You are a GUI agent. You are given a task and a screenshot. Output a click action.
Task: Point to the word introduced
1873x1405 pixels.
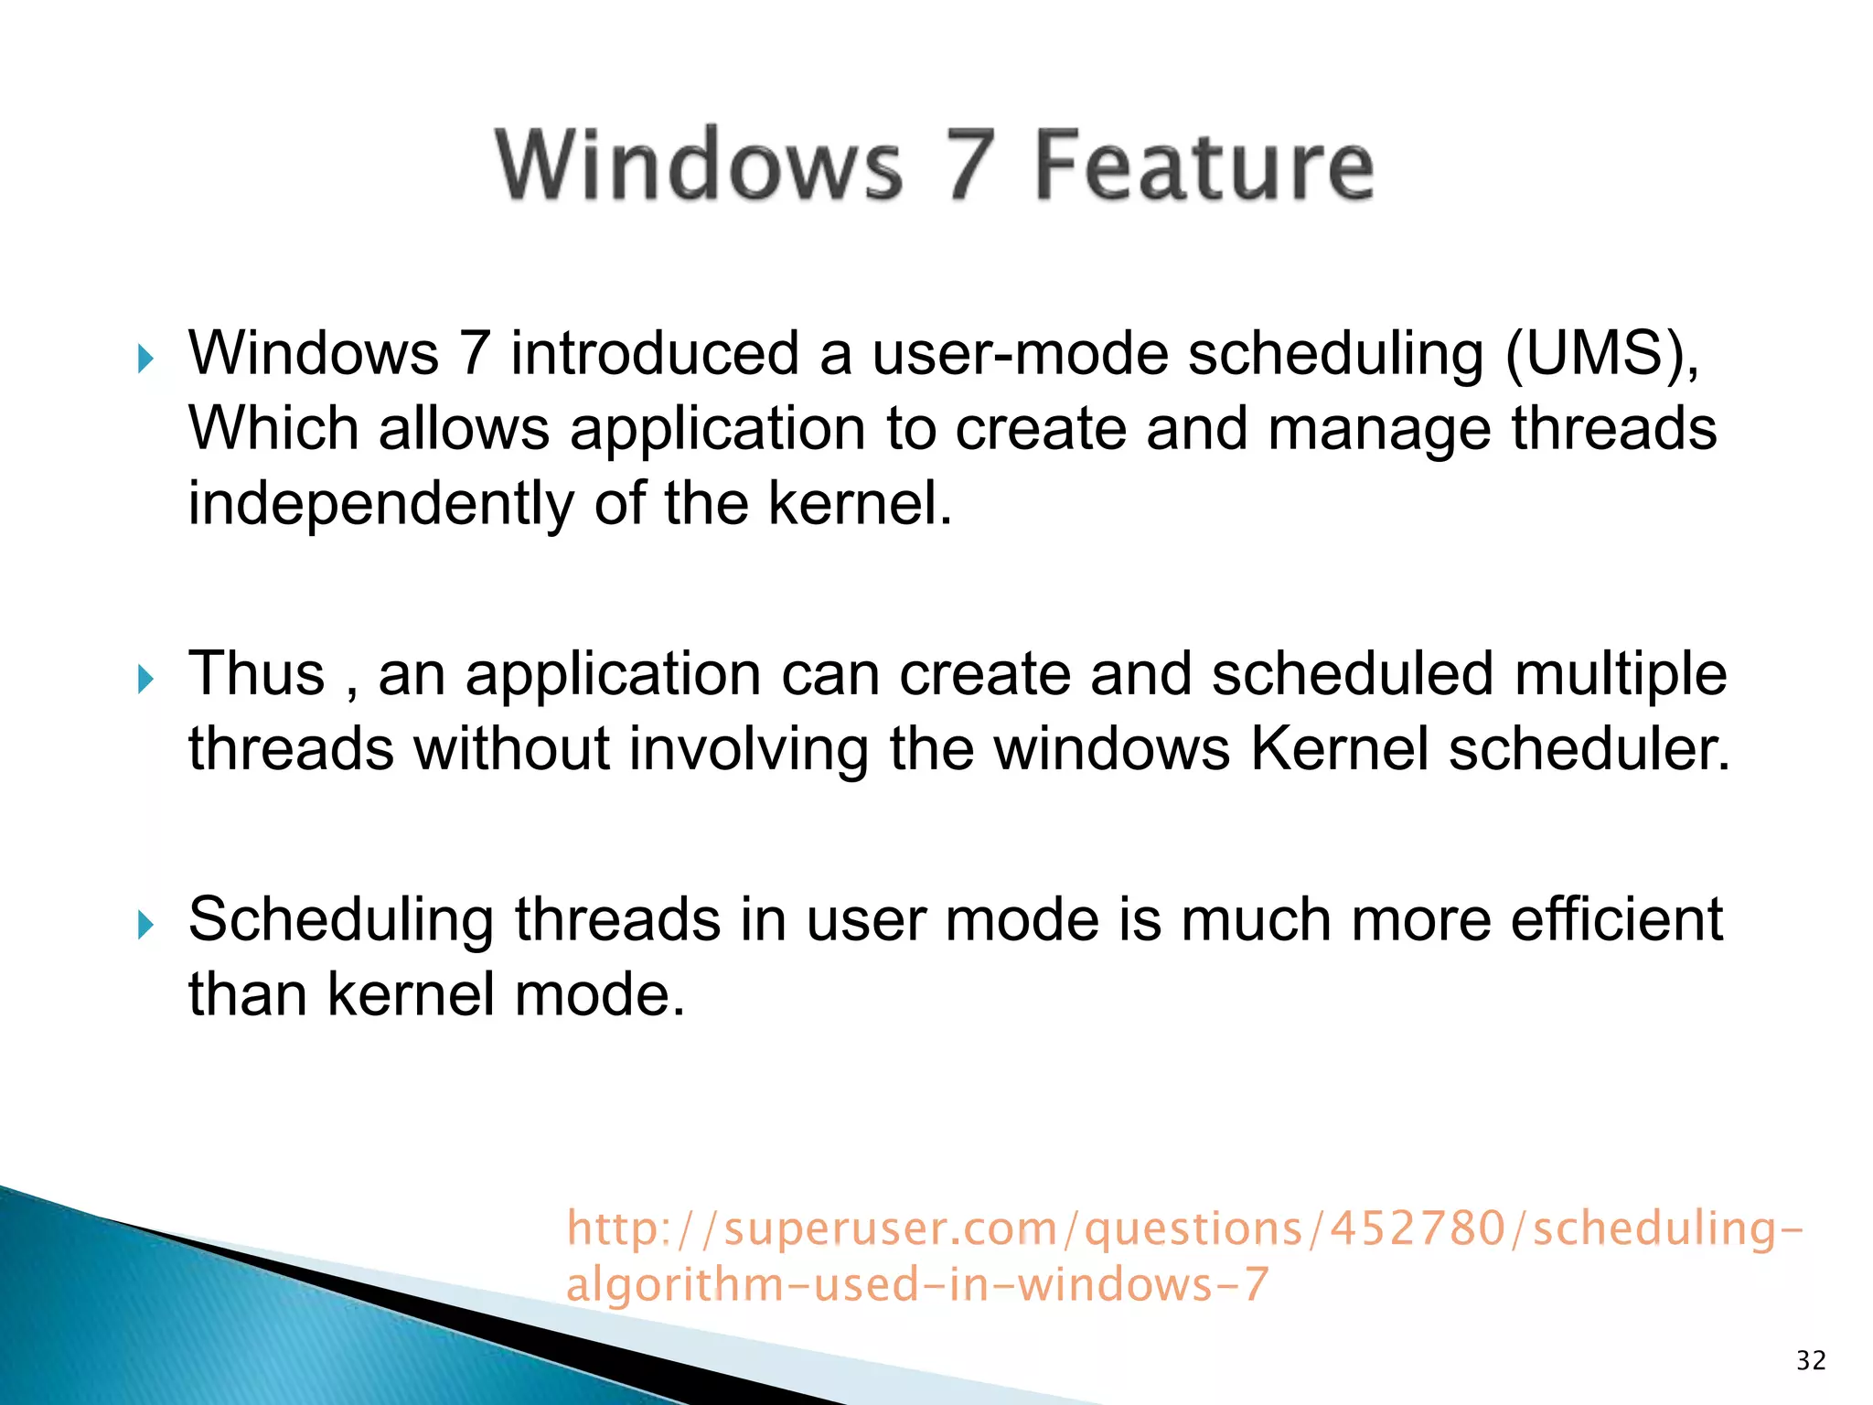654,353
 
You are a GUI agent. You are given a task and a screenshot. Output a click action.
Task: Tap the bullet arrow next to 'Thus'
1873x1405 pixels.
144,680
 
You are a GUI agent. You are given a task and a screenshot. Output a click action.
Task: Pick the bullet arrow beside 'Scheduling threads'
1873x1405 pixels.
144,925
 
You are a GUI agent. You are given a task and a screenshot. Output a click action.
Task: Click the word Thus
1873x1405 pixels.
256,674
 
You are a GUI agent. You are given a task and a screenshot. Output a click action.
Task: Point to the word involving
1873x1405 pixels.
748,749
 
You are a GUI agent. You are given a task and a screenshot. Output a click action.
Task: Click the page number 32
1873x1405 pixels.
1811,1361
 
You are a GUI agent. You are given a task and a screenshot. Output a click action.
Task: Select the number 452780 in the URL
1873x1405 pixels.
1417,1228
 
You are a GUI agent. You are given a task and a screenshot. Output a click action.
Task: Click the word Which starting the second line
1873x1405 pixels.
273,428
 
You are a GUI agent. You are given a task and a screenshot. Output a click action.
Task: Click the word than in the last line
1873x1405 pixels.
247,994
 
